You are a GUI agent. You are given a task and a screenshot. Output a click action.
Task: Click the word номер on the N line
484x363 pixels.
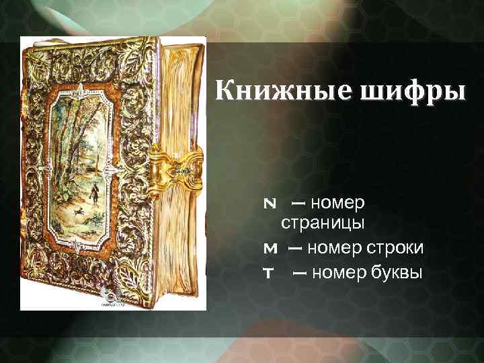coord(339,201)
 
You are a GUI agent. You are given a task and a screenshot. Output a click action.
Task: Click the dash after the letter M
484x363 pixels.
coord(294,249)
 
